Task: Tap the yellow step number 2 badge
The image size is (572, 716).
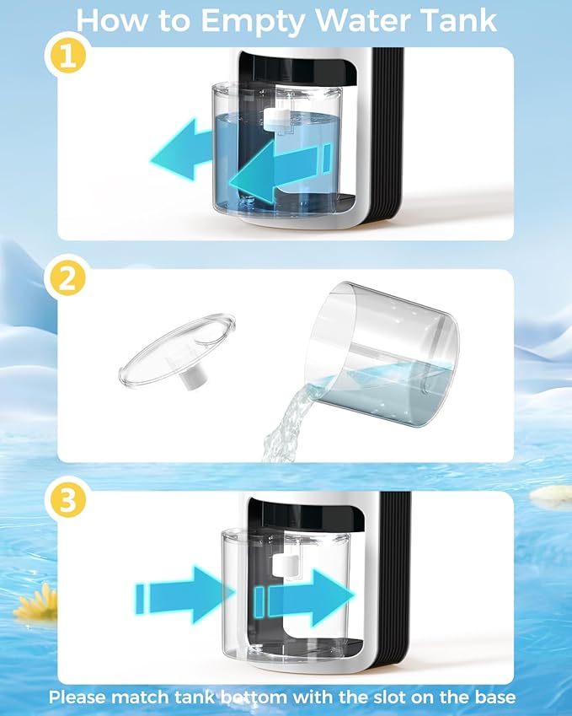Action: [x=67, y=277]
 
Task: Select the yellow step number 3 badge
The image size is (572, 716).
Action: [x=67, y=499]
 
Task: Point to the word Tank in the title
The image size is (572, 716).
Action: [x=458, y=20]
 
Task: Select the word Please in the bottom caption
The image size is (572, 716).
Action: [x=78, y=697]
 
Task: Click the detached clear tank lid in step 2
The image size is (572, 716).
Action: [x=177, y=350]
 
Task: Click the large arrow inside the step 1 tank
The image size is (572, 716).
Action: [x=280, y=172]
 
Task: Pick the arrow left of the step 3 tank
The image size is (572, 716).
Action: [x=185, y=595]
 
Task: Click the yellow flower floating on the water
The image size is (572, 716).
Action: [x=35, y=602]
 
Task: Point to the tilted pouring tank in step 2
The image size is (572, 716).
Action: [x=382, y=354]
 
